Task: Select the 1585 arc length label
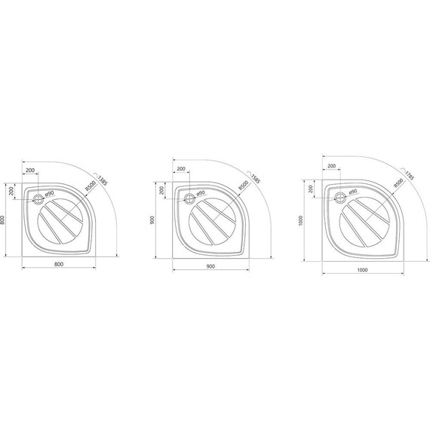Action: [256, 179]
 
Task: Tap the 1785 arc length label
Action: [409, 176]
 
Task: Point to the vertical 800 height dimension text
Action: [4, 220]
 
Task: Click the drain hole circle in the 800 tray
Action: [38, 199]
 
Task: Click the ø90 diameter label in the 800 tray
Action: [51, 195]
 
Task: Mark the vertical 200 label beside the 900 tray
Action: [161, 192]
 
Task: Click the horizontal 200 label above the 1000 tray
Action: [331, 165]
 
